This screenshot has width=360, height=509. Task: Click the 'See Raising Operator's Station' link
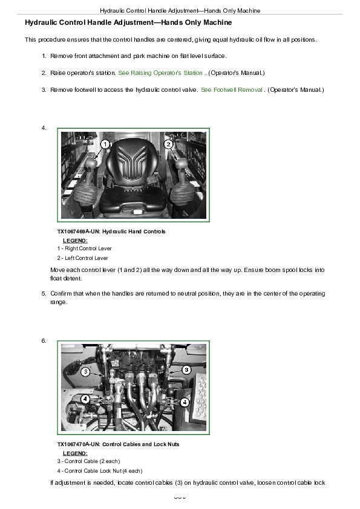(160, 73)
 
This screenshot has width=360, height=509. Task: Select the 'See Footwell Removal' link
(232, 90)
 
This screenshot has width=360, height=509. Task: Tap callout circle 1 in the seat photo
(105, 144)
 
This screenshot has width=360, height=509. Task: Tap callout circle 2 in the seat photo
(168, 144)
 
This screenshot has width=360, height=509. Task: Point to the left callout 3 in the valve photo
(85, 371)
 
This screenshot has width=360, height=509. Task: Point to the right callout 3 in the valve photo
(186, 369)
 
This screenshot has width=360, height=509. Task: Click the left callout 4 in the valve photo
(85, 398)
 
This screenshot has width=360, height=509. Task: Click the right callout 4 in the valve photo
(185, 403)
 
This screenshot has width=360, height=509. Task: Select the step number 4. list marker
(44, 128)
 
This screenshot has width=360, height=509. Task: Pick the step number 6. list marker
(44, 340)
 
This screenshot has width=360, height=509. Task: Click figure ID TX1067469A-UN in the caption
(78, 232)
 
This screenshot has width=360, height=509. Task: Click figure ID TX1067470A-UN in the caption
(78, 444)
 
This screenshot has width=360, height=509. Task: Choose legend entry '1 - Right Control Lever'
(85, 248)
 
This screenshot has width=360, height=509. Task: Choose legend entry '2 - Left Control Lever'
(82, 258)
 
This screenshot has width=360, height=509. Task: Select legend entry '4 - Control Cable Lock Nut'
(100, 471)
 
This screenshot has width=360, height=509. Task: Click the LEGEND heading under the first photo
(75, 241)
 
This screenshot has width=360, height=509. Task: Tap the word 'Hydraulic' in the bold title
(39, 22)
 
